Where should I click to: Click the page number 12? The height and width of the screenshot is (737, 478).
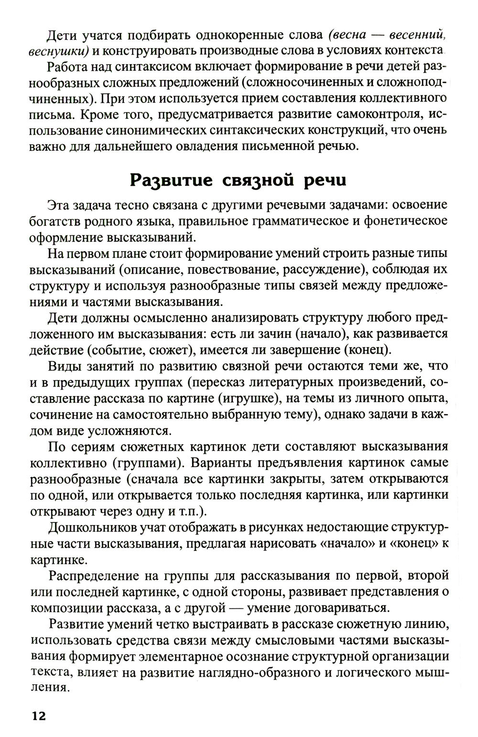(x=38, y=716)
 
